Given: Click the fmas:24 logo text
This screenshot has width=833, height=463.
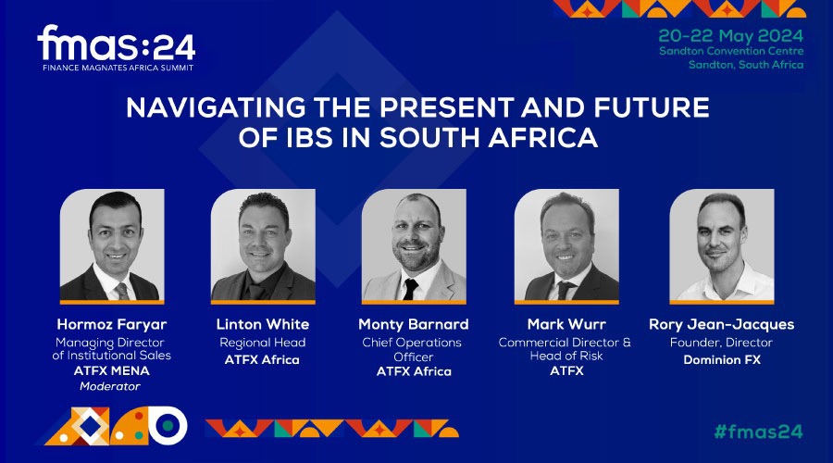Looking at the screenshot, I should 116,44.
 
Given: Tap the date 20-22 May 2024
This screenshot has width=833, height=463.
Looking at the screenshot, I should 731,34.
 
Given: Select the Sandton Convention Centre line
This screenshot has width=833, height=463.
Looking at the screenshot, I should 731,51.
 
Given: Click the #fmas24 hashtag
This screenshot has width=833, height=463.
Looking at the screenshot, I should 758,431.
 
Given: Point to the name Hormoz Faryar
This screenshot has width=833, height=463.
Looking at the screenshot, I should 111,324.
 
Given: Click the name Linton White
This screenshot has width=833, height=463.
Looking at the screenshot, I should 262,324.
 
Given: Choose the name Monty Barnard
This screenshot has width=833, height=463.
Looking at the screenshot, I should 413,324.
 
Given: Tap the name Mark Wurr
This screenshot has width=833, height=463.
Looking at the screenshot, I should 565,324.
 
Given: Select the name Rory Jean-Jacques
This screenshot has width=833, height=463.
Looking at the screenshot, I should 719,324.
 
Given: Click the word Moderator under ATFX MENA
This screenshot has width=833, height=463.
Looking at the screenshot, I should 111,385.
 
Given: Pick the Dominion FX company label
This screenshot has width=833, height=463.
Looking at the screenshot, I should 719,359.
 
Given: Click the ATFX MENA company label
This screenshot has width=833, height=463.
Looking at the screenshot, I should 111,371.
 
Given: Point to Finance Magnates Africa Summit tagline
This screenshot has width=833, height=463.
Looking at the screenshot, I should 116,68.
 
